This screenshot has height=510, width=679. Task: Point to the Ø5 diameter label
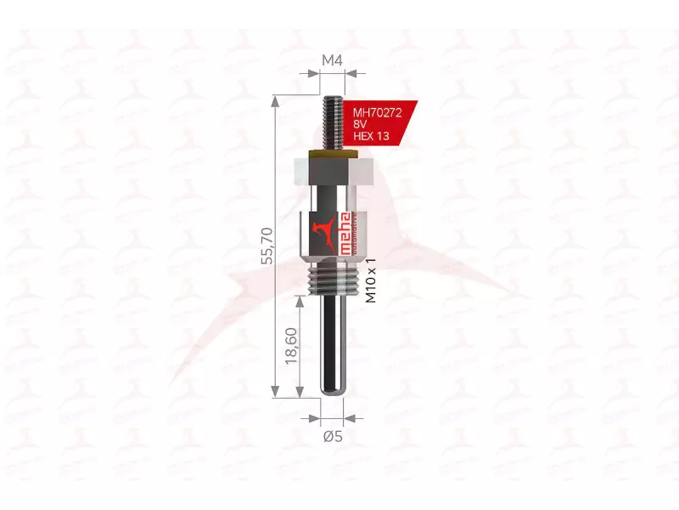[332, 437]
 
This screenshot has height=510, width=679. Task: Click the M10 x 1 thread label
[369, 282]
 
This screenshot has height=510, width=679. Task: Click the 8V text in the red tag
[360, 123]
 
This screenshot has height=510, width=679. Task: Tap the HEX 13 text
[370, 136]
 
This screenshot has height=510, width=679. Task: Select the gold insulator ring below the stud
[333, 155]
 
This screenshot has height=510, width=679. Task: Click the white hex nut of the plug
[333, 173]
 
